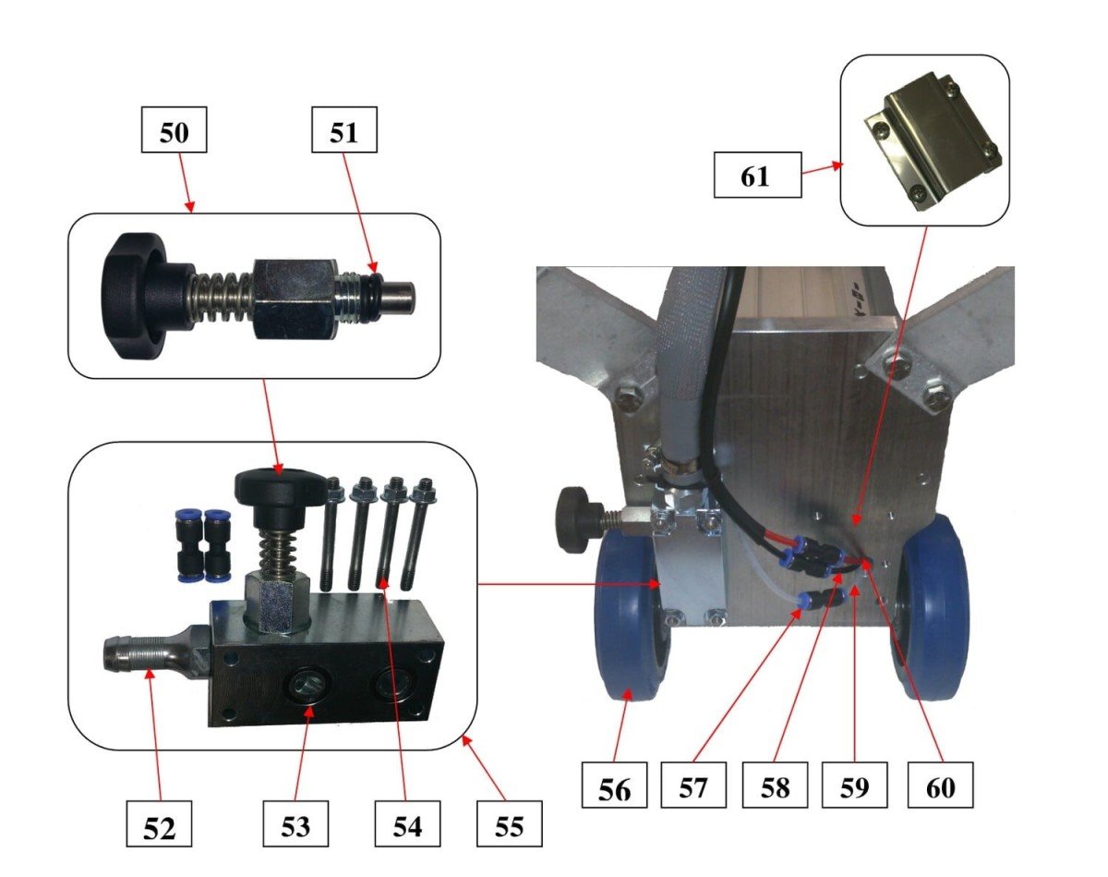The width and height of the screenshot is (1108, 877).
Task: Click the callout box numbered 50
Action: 174,133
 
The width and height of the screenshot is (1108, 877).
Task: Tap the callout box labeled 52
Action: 159,826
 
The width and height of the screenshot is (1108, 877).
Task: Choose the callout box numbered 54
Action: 406,826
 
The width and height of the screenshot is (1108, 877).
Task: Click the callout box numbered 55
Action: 509,826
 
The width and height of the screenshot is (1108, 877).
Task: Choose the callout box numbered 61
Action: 755,176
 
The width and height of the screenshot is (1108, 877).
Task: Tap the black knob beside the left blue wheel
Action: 577,521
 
